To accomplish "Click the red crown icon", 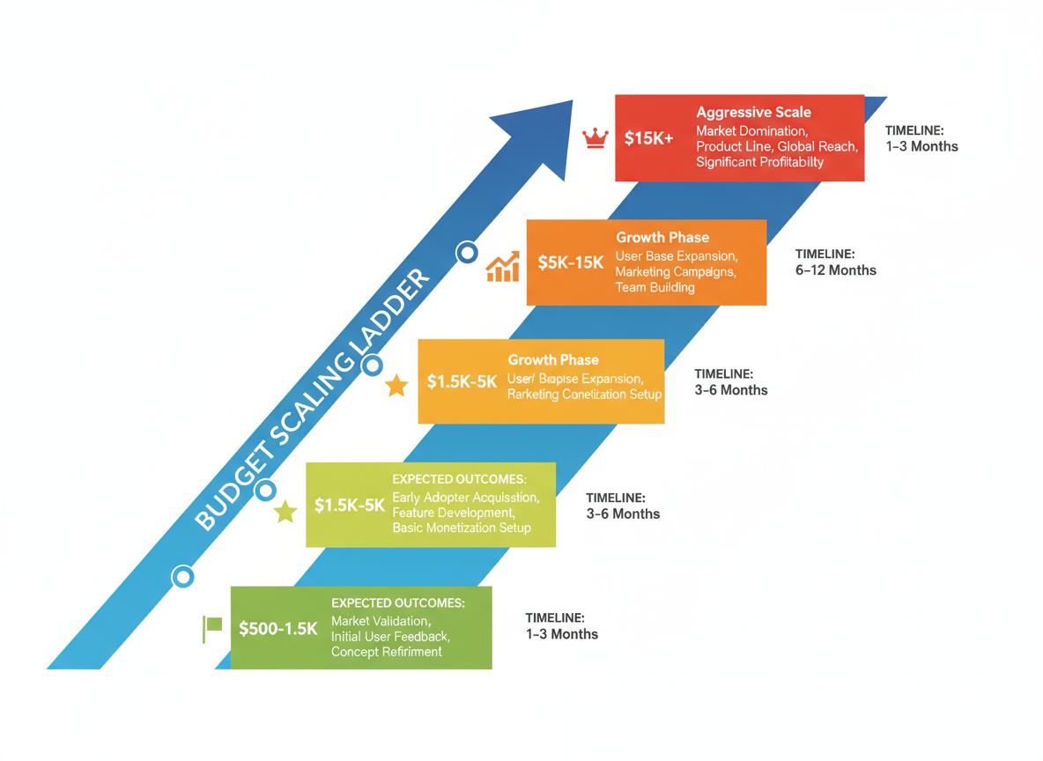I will (x=596, y=137).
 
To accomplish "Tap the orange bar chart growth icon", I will (x=503, y=267).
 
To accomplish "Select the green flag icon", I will (x=212, y=628).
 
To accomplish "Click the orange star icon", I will (x=396, y=385).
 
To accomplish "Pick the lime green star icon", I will (x=285, y=512).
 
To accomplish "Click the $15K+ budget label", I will (x=648, y=138).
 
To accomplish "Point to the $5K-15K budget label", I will (x=571, y=262).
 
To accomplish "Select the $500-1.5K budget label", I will (x=277, y=629).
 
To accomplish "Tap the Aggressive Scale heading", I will (x=753, y=113).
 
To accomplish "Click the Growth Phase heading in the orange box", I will (x=662, y=238).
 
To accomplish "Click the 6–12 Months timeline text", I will (x=835, y=270).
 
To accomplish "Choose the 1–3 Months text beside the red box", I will (x=921, y=146).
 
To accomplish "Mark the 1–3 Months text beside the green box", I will (x=561, y=634).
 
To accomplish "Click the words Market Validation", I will (x=381, y=621).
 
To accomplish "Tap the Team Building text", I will (x=655, y=287).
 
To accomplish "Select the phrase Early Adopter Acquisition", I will (x=465, y=498).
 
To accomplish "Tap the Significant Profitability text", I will (x=759, y=162).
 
